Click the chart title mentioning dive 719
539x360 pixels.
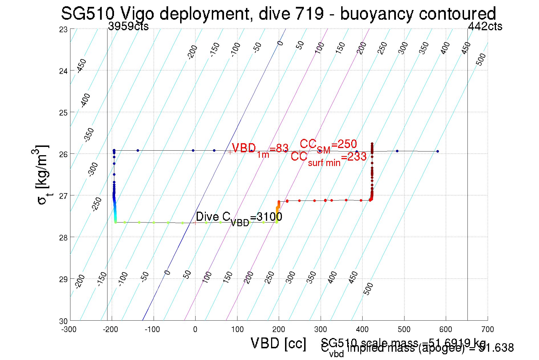pyautogui.click(x=278, y=13)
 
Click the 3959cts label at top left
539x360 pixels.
pyautogui.click(x=128, y=27)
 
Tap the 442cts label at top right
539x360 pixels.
pyautogui.click(x=485, y=27)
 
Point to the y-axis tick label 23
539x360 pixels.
pyautogui.click(x=63, y=29)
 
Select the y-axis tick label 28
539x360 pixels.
pyautogui.click(x=63, y=238)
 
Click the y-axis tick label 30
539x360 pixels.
pyautogui.click(x=63, y=321)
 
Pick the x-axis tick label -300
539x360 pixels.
pyautogui.click(x=69, y=329)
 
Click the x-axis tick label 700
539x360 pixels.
pyautogui.click(x=487, y=329)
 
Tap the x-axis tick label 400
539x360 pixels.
pyautogui.click(x=362, y=329)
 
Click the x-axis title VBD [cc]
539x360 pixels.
pyautogui.click(x=278, y=343)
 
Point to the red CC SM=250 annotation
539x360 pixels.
pyautogui.click(x=328, y=145)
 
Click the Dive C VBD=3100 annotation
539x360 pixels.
pyautogui.click(x=239, y=218)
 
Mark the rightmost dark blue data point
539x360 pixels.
pyautogui.click(x=438, y=151)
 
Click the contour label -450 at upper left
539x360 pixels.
pyautogui.click(x=82, y=66)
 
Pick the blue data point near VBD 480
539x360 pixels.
pyautogui.click(x=397, y=151)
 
